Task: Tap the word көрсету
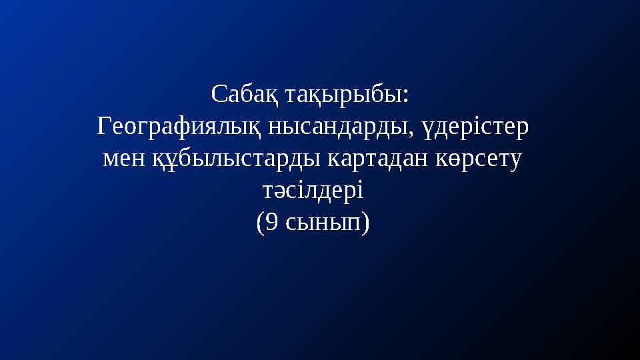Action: point(478,159)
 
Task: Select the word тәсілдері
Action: point(311,192)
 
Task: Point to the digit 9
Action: point(271,223)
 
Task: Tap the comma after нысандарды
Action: point(415,131)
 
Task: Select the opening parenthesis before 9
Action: point(260,224)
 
